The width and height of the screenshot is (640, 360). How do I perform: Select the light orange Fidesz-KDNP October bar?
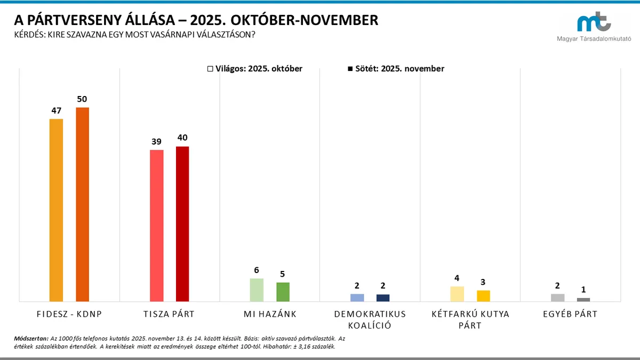[x=56, y=210]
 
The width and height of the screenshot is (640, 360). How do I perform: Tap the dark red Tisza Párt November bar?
[x=182, y=224]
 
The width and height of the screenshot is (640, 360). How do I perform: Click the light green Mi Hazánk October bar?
[x=257, y=290]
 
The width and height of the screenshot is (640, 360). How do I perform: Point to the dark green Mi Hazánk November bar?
[x=283, y=292]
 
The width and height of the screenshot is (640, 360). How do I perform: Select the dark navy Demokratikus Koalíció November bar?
[x=383, y=298]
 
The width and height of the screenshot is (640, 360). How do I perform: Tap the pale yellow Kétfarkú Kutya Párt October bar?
[x=457, y=294]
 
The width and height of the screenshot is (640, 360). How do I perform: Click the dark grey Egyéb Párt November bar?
[x=583, y=299]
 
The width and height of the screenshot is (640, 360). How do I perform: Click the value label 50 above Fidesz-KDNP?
[x=82, y=99]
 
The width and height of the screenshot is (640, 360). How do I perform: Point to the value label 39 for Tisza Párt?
[x=156, y=141]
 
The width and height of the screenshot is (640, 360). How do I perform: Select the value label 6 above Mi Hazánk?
[x=257, y=270]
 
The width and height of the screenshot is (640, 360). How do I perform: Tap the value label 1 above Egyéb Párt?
[x=583, y=290]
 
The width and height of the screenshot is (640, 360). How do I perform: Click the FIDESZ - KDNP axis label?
[x=69, y=314]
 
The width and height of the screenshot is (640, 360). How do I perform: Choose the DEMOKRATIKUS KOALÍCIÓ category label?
[x=370, y=319]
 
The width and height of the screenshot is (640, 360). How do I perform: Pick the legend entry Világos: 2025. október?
[x=255, y=69]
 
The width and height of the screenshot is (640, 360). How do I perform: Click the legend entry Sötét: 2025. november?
[x=396, y=69]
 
